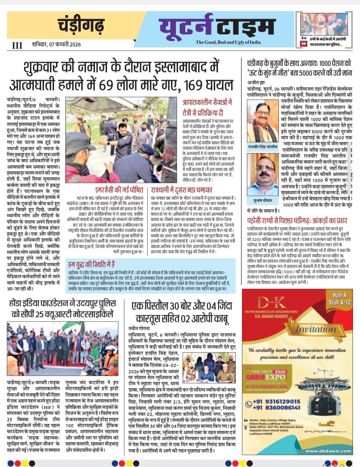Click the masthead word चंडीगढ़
coord(81,25)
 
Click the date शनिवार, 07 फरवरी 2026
coord(56,44)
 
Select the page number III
coord(17,45)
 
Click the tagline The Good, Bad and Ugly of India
coord(228,42)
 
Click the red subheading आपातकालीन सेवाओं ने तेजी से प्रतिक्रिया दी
coord(208,107)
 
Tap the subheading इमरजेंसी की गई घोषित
coord(119,190)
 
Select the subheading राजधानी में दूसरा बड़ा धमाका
coord(181,190)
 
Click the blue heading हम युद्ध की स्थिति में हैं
coord(91,264)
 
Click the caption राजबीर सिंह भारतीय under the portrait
coord(262,147)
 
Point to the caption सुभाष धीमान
coord(263,200)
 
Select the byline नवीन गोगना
coord(140,328)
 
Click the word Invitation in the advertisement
coord(316,329)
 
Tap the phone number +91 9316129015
coord(276,401)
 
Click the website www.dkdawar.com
coord(328,451)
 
